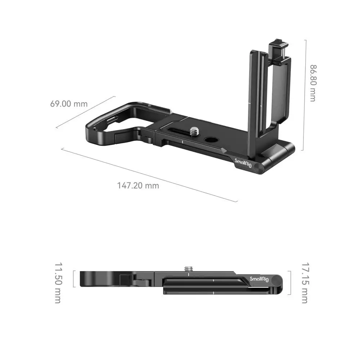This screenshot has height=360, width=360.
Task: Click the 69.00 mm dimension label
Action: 69,104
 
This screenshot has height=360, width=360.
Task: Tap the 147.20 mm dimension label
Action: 138,186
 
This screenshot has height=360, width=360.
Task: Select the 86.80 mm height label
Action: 312,83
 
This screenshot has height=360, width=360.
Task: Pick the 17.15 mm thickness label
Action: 304,283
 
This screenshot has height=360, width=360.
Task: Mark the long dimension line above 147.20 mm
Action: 149,175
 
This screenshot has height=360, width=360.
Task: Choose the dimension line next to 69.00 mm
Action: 86,112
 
